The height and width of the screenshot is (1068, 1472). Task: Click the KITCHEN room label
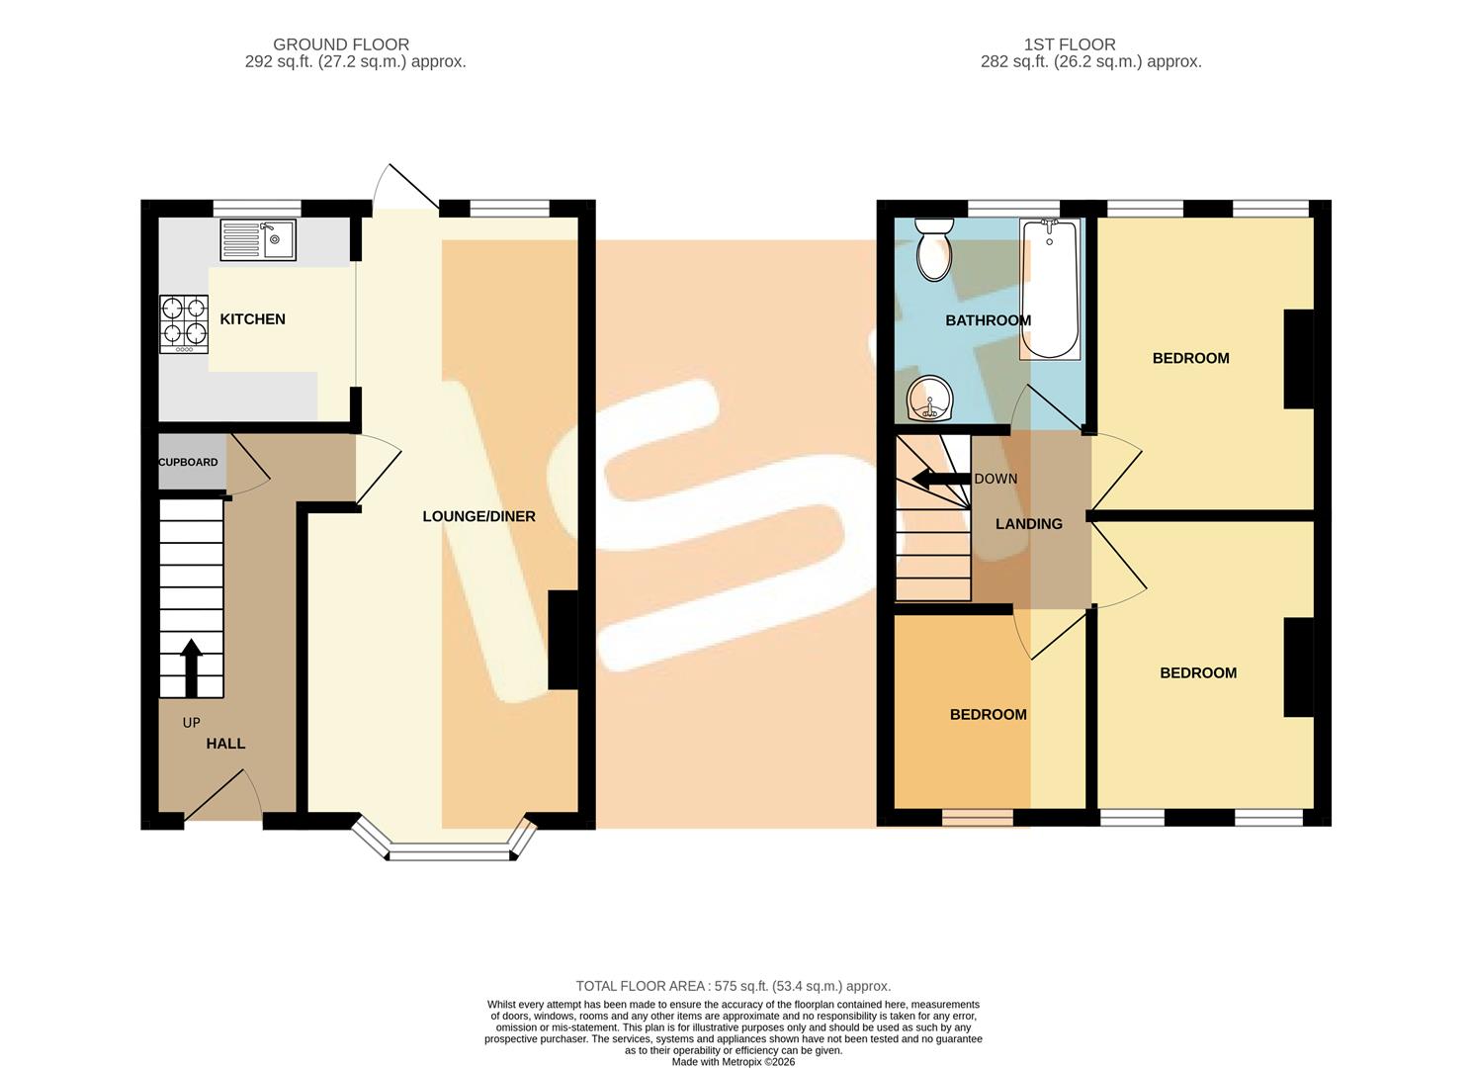pos(252,319)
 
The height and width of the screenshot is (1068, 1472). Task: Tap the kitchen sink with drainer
pos(258,240)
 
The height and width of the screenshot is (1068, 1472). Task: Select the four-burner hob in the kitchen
pos(184,324)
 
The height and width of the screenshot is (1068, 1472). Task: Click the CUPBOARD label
pos(188,462)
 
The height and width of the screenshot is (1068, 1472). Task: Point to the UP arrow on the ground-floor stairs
pos(191,667)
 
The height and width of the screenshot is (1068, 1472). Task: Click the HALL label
pos(225,744)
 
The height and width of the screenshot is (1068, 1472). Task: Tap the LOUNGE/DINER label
pos(479,516)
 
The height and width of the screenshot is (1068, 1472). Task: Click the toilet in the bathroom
pos(934,250)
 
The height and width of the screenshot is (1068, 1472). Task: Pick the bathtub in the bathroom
pos(1050,289)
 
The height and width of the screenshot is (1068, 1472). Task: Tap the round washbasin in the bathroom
pos(929,399)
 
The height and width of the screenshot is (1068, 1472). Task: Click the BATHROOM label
pos(989,320)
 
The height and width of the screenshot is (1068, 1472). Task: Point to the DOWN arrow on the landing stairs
pos(941,479)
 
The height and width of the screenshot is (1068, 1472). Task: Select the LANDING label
pos(1029,524)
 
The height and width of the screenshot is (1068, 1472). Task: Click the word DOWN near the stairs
pos(996,480)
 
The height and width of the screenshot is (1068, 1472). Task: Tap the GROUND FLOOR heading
pos(341,44)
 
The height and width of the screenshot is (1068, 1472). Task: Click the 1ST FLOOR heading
pos(1070,44)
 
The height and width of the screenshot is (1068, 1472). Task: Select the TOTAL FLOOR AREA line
pos(734,986)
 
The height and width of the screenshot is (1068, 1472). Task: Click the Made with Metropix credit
pos(734,1062)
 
